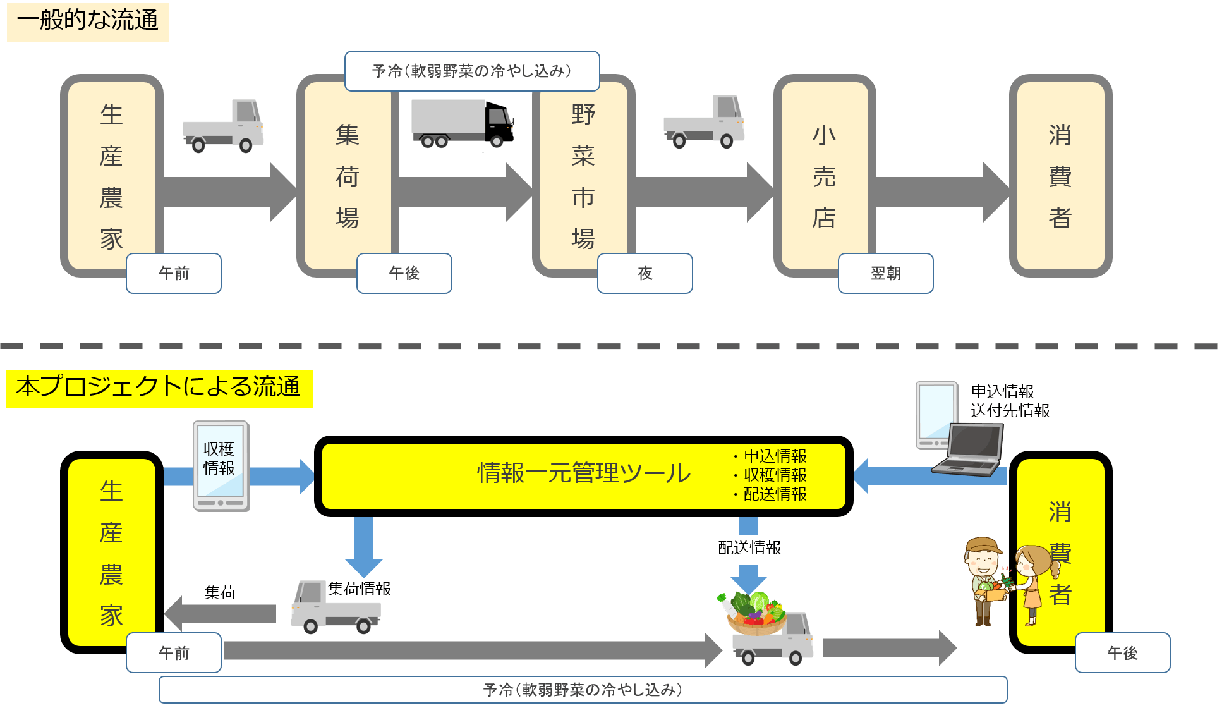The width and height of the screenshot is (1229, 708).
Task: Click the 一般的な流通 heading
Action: [88, 21]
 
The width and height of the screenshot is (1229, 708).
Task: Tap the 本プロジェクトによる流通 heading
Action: [159, 388]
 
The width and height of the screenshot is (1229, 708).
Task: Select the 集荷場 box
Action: [348, 176]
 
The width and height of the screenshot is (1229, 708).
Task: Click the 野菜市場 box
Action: [583, 176]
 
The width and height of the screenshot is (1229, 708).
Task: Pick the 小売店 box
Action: [824, 176]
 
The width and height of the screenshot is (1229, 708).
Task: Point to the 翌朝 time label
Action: [885, 273]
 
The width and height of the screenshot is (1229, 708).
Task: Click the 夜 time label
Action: [645, 273]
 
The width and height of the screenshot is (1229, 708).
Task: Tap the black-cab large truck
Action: [463, 124]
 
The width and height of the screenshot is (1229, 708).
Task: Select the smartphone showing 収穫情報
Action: [221, 467]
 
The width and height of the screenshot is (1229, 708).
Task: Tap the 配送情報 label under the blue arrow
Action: [749, 548]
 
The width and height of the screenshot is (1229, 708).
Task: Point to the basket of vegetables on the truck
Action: [754, 613]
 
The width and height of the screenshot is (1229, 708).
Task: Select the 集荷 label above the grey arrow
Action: [220, 593]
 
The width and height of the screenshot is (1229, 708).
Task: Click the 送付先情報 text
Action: [1010, 411]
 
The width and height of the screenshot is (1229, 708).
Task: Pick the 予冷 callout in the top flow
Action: [471, 71]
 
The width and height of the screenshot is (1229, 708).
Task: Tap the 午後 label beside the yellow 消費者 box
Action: [1122, 653]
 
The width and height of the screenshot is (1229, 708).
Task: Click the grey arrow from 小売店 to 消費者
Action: [941, 192]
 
